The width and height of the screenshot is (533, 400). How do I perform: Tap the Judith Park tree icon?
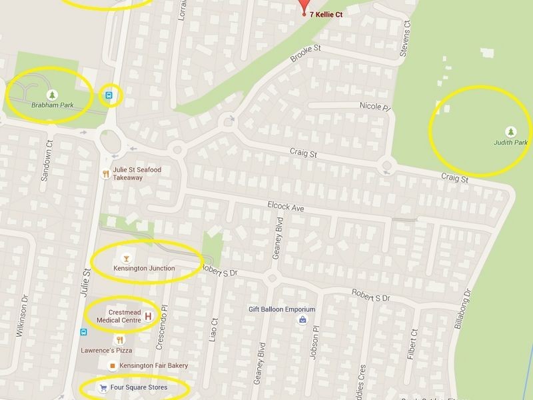click(x=510, y=130)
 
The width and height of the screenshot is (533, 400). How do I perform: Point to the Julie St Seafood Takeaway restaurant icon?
click(x=105, y=173)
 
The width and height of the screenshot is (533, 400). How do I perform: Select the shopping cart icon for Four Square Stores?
click(x=103, y=387)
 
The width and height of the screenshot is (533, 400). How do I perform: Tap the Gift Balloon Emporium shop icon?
click(x=302, y=321)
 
